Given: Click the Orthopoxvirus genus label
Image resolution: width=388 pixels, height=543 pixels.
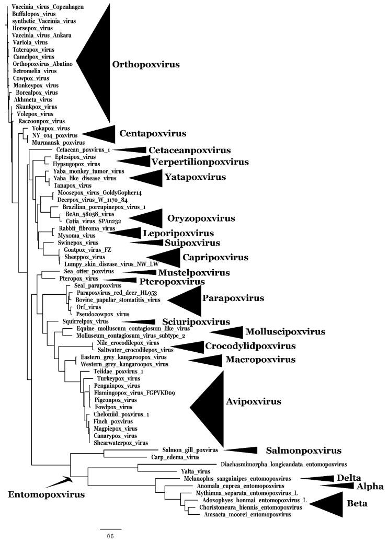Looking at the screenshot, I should coord(145,65).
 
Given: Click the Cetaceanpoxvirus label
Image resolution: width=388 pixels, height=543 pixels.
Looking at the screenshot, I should coord(182,150).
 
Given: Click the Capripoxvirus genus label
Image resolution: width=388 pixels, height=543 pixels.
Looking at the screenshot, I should coord(215,257).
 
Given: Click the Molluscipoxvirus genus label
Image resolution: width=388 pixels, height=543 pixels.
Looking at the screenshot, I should coord(286,332).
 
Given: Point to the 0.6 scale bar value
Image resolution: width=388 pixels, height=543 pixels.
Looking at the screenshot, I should coord(111,536).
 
